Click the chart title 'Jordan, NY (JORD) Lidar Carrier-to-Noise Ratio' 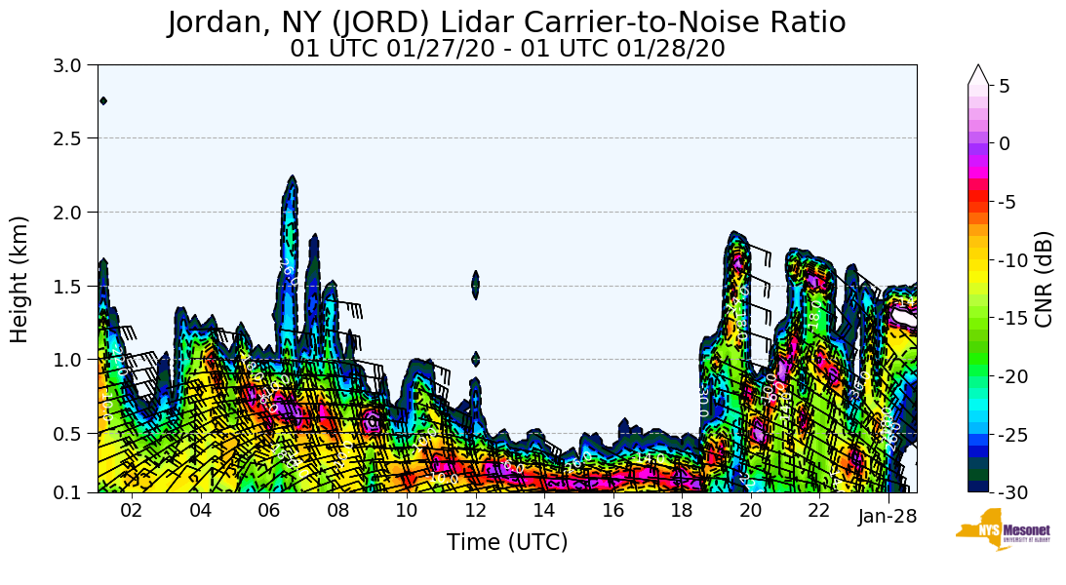click(x=506, y=22)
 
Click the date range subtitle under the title click(x=507, y=48)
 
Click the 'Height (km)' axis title click(x=20, y=279)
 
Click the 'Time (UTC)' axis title click(x=507, y=543)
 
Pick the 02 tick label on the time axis click(x=132, y=511)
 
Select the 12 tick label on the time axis click(x=476, y=511)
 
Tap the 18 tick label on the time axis click(x=682, y=511)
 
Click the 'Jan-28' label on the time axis click(x=888, y=517)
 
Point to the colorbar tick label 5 click(x=1005, y=86)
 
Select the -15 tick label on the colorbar click(x=1015, y=319)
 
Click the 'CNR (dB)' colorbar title click(x=1044, y=279)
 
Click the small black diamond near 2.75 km click(x=103, y=100)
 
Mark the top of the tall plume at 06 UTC click(x=292, y=178)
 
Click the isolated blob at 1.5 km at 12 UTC click(x=476, y=284)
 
